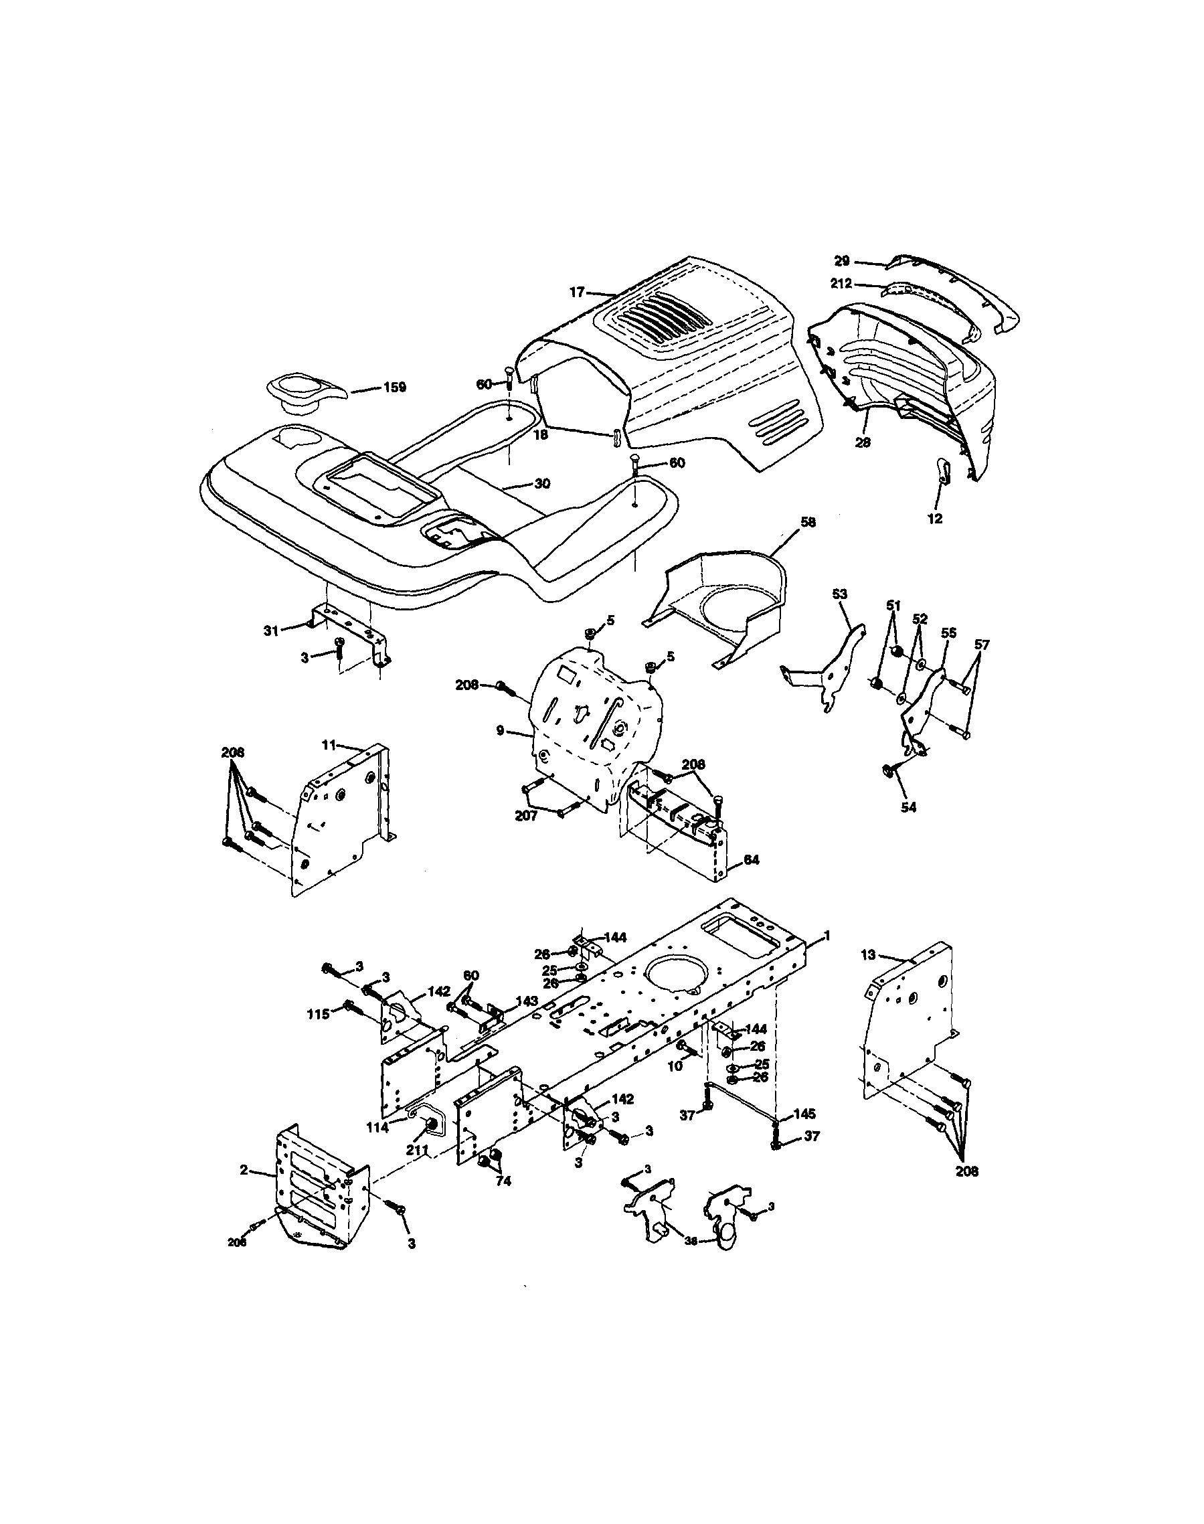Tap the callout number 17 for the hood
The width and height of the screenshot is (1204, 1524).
pyautogui.click(x=578, y=291)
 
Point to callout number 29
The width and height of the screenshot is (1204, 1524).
pyautogui.click(x=842, y=261)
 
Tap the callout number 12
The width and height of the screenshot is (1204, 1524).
pyautogui.click(x=936, y=519)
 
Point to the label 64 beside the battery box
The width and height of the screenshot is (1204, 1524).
pyautogui.click(x=752, y=860)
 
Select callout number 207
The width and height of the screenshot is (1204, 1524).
pyautogui.click(x=526, y=816)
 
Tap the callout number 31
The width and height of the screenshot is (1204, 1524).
pyautogui.click(x=272, y=631)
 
